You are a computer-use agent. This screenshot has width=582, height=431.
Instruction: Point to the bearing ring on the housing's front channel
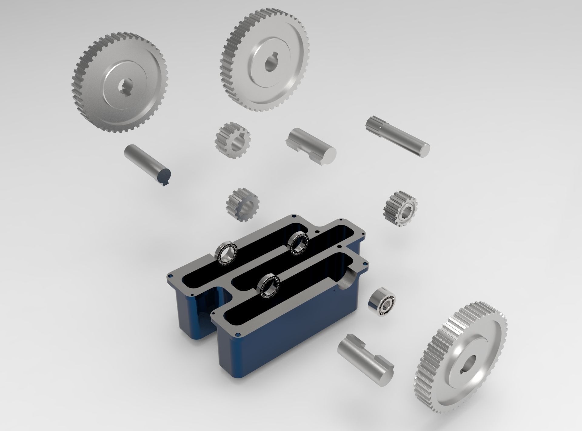[x=268, y=286]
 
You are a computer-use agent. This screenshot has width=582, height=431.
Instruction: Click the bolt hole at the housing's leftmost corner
[x=170, y=276]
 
